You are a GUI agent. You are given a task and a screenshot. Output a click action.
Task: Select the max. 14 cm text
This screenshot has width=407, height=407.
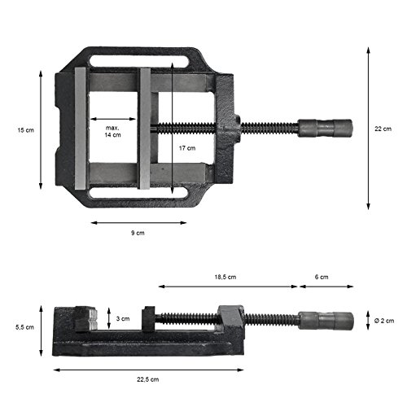pyautogui.click(x=112, y=131)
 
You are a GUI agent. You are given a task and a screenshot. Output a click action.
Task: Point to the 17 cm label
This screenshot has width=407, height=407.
pyautogui.click(x=186, y=149)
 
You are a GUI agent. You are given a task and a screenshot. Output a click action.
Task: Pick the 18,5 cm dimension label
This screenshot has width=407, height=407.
pyautogui.click(x=225, y=278)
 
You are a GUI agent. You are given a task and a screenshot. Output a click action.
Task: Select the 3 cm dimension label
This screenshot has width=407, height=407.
pyautogui.click(x=122, y=318)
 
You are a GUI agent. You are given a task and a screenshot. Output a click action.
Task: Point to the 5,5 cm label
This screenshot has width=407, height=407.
pyautogui.click(x=25, y=326)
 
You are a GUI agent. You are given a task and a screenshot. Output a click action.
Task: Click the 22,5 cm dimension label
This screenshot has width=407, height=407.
pyautogui.click(x=149, y=379)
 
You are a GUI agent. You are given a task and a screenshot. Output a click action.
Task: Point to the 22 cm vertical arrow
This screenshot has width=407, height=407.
pyautogui.click(x=368, y=128)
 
